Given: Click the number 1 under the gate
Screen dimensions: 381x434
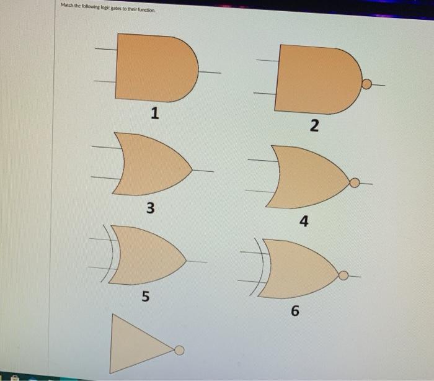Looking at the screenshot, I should point(154,113).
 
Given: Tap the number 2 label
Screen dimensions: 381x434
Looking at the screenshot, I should point(314,127).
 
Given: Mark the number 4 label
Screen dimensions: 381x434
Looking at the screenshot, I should point(304,222).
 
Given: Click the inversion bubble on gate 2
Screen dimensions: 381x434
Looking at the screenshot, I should point(366,84).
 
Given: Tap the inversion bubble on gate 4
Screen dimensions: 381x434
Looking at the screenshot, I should point(355,182).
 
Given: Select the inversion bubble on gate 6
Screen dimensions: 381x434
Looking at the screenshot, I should point(343,274).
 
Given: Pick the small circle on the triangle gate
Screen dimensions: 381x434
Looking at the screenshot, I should point(179,351).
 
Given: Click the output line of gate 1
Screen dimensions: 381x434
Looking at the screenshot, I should point(210,72).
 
